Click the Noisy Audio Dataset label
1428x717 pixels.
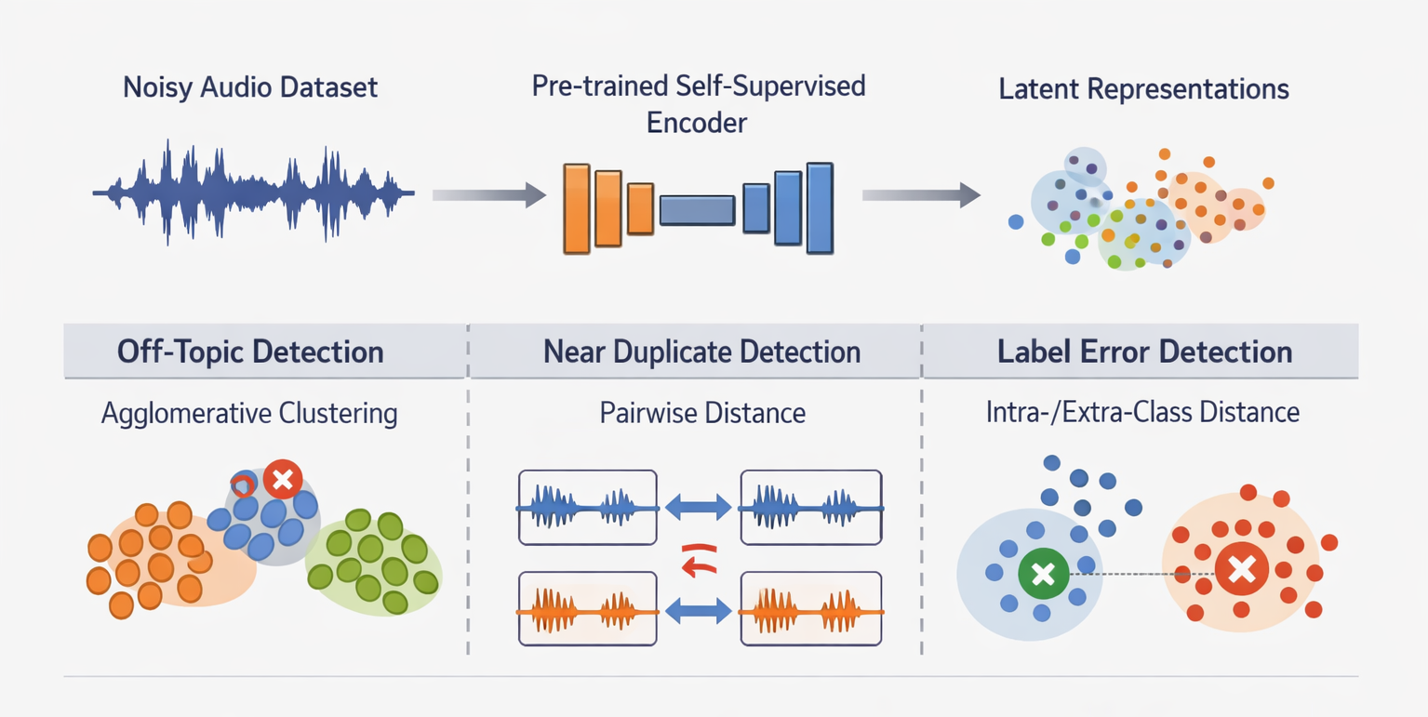[250, 88]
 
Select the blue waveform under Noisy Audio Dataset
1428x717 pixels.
[253, 193]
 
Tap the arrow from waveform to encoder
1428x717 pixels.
[488, 194]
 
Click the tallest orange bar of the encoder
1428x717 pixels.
[576, 208]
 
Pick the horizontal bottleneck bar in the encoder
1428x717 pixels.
[697, 210]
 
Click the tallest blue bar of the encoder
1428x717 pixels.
[819, 208]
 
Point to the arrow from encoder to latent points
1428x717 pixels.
[921, 194]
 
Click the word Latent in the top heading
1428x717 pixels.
[1039, 89]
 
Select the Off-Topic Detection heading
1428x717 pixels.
[251, 352]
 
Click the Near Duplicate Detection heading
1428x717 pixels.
[701, 352]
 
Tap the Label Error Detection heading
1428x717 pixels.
[1144, 352]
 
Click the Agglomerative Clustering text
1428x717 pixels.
[249, 413]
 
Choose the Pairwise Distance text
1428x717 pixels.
[702, 413]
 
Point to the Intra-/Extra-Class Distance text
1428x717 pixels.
[1142, 412]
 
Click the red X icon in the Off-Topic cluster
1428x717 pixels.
[282, 480]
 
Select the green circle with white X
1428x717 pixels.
[1043, 574]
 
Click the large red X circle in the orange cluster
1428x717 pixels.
[1241, 568]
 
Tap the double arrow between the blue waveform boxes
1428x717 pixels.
[698, 508]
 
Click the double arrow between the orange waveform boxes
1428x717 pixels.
[698, 611]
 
